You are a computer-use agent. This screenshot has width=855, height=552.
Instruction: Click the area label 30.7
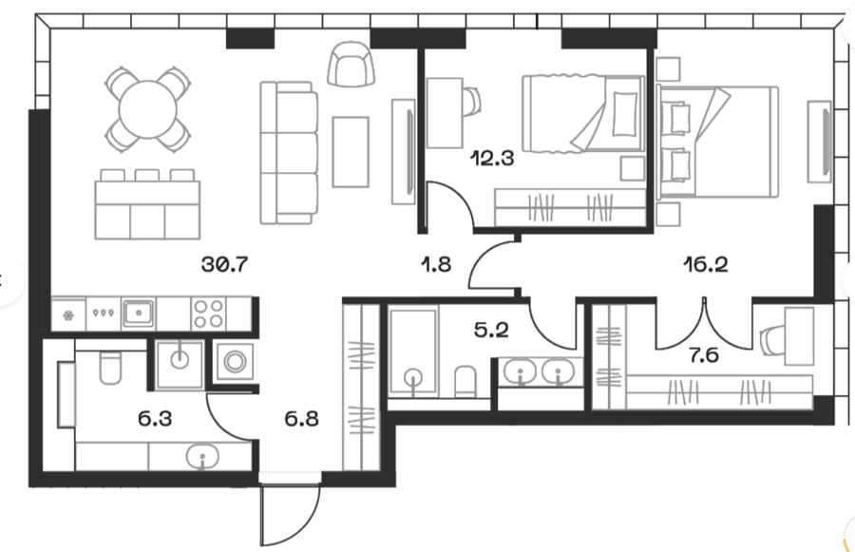(224, 265)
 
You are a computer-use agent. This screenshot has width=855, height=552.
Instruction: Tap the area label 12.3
(492, 159)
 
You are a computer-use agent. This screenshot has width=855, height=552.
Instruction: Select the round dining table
(145, 108)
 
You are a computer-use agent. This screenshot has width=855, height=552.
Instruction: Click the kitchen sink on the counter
(139, 311)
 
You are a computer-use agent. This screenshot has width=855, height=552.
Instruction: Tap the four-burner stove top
(208, 312)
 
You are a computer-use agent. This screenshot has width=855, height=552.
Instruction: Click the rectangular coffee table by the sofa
(350, 151)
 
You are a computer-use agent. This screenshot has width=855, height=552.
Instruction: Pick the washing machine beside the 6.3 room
(234, 361)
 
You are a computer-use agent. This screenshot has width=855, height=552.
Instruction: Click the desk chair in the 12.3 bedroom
(472, 99)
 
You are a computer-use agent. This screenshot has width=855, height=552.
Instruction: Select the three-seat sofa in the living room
(287, 152)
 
